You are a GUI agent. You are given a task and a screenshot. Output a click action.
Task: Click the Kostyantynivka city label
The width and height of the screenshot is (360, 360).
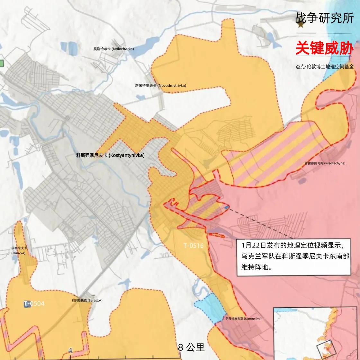click(110, 155)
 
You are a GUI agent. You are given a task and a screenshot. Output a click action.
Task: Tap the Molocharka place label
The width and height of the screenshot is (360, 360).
click(113, 49)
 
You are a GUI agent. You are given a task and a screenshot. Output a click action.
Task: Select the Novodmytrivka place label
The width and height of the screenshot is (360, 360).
click(160, 85)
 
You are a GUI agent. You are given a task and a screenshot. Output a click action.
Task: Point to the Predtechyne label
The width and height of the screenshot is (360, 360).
click(325, 163)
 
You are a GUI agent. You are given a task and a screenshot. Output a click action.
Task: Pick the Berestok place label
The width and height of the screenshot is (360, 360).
click(87, 301)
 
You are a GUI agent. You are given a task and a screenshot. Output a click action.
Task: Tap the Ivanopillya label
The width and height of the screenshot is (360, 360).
click(243, 319)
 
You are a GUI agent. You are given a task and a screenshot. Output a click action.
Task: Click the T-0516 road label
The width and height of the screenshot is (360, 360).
click(194, 246)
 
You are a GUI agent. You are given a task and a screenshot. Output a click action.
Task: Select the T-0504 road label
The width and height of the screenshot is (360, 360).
click(34, 303)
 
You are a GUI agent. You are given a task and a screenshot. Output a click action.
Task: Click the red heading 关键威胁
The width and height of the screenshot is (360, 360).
click(325, 48)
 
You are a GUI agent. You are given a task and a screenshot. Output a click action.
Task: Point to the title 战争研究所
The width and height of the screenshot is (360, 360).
click(325, 18)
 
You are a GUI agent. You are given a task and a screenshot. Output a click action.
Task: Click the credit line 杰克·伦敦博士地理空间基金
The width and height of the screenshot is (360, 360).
click(325, 67)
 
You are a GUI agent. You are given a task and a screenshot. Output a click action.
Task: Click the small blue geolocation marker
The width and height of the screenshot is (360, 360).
click(227, 208)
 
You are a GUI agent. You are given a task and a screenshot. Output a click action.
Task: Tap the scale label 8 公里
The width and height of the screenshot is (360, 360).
click(191, 347)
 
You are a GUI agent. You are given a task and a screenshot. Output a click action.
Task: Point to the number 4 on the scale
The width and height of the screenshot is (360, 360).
click(70, 350)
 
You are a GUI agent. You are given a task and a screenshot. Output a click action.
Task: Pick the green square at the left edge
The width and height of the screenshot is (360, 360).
click(1, 63)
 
